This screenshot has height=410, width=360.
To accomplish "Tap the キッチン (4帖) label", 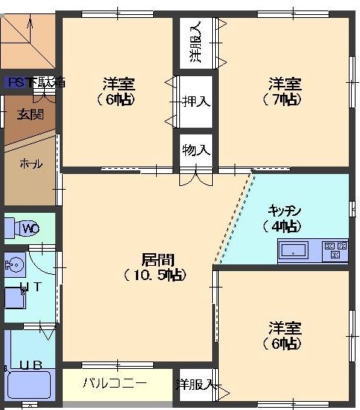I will (x=285, y=217).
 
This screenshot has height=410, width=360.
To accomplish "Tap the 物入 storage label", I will (x=196, y=150).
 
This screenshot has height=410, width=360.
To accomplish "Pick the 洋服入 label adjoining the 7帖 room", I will (x=196, y=43).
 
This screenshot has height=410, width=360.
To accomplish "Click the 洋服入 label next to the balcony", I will (x=196, y=385).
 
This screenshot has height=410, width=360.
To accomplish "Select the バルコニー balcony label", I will (x=114, y=383).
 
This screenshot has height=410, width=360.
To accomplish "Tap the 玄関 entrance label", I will (x=30, y=114).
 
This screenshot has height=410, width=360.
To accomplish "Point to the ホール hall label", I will (x=30, y=164).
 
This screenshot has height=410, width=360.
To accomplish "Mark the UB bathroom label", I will (x=30, y=365).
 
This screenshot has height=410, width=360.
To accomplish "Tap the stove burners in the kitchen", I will (x=334, y=250).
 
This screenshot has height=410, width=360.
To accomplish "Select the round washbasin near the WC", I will (x=14, y=263).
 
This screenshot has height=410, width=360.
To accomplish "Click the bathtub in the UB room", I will (x=27, y=388).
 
